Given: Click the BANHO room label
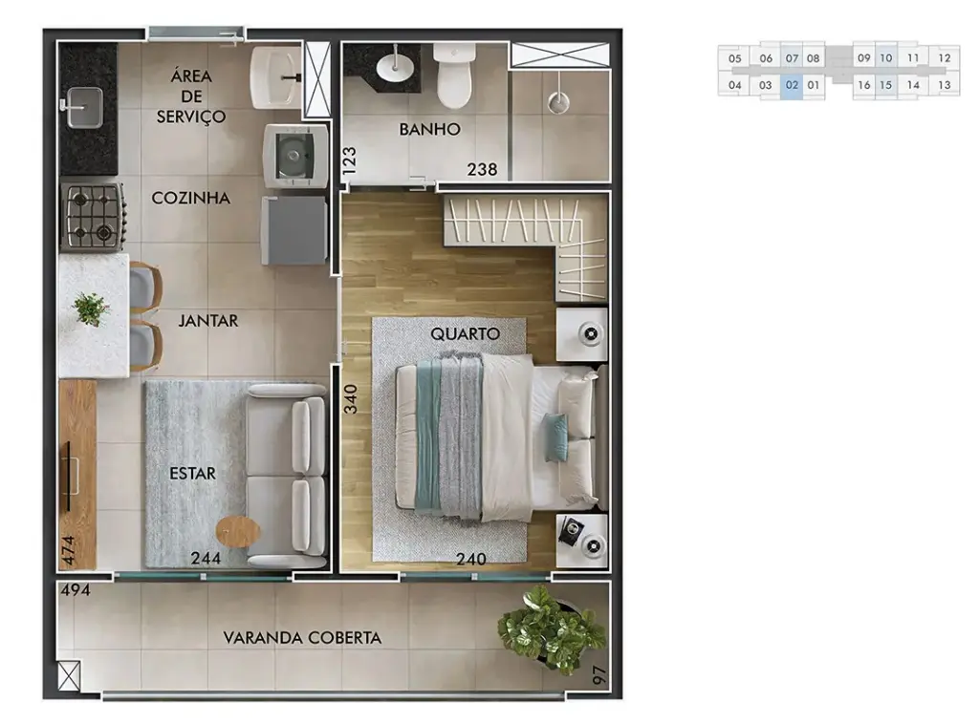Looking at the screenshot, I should pos(429,129).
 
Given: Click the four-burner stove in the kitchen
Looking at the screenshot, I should pos(92,215).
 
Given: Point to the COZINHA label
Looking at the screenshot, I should pos(191,199).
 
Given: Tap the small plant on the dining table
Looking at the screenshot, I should pos(91,308).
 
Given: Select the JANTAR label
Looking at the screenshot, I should pos(207,321).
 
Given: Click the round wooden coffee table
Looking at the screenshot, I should pos(238,529).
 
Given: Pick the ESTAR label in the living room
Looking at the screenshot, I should pos(192,474).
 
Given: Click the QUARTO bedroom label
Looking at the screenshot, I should pos(465,334).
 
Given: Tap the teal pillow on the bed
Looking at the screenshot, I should pos(555,437).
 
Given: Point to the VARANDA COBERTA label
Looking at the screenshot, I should pos(302,638).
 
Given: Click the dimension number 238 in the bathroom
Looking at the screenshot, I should pos(482,170).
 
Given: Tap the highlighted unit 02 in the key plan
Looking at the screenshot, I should pos(791,85).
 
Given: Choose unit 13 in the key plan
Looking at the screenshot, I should pos(944,85).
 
